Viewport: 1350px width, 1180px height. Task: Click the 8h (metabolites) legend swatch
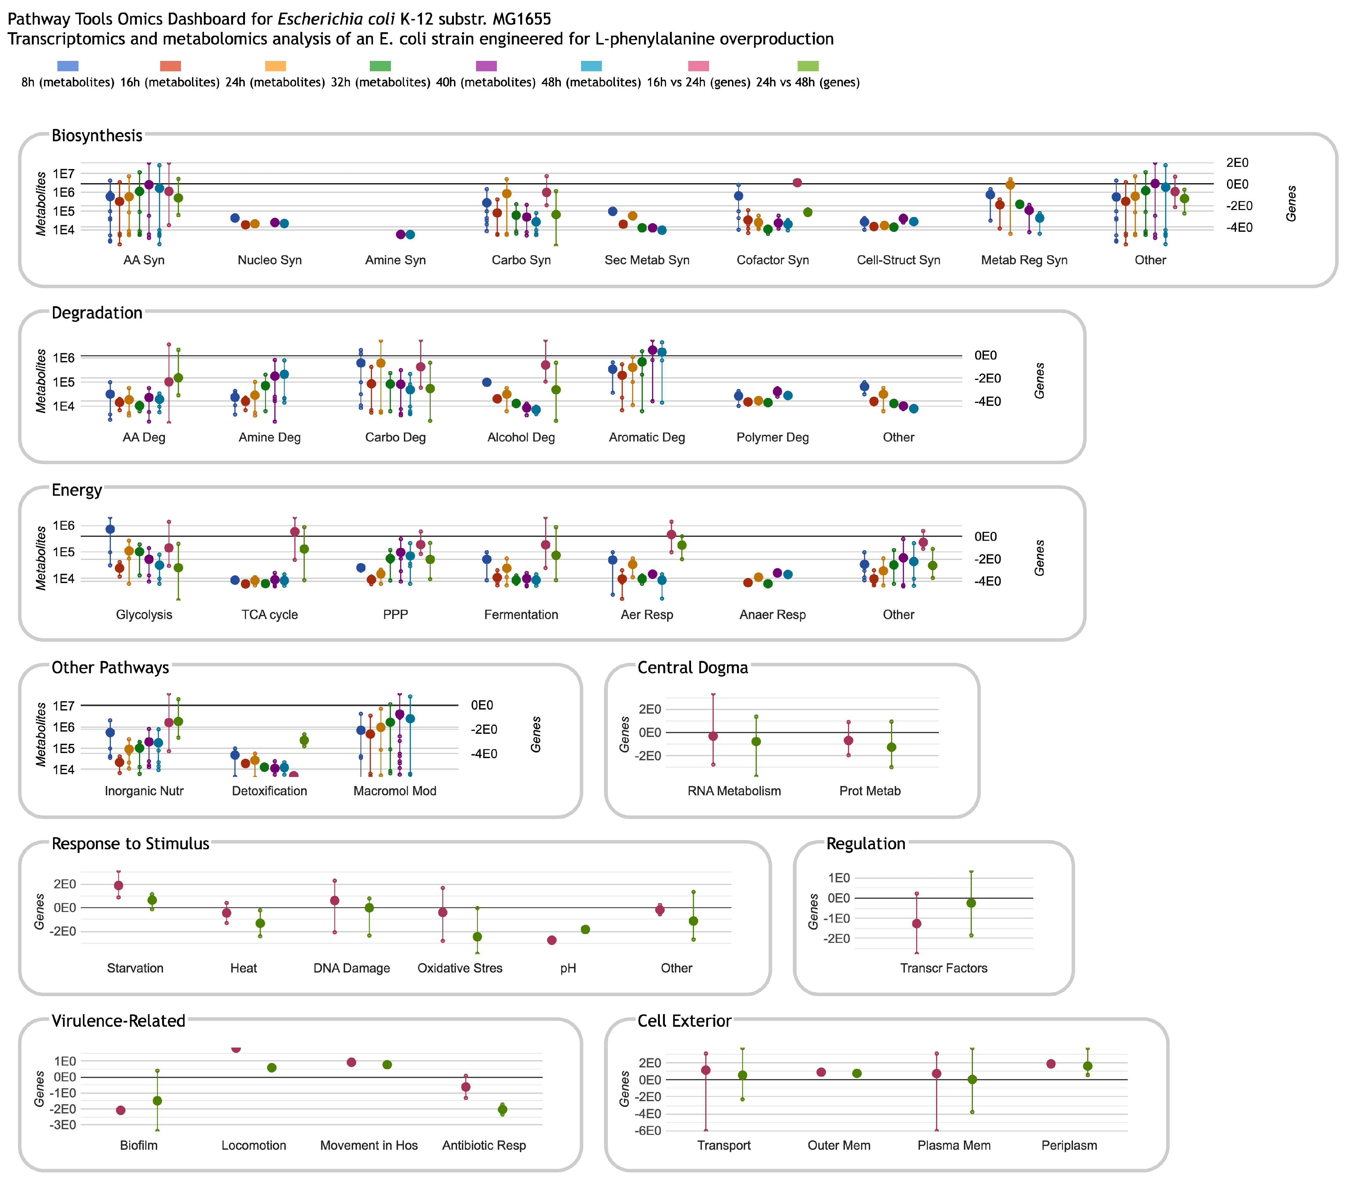[68, 66]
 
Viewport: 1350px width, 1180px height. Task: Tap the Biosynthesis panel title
[97, 136]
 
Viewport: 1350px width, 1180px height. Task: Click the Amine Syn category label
[396, 260]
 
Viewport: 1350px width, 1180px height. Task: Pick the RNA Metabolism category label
[734, 791]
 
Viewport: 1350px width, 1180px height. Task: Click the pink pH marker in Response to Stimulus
[552, 940]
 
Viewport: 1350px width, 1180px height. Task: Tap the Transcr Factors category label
[943, 968]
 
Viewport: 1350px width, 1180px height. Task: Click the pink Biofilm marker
[120, 1110]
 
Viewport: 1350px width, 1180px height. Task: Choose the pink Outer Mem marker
[821, 1072]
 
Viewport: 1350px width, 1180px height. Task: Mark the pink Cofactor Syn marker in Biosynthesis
[797, 182]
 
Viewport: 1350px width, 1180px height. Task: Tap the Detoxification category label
[269, 791]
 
